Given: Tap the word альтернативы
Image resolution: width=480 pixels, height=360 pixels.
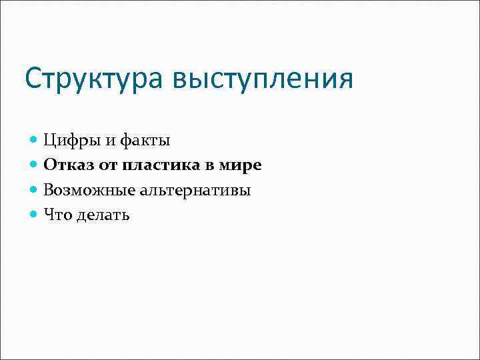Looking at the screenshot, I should pyautogui.click(x=195, y=190).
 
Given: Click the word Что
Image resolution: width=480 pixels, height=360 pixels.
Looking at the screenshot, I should pyautogui.click(x=57, y=215).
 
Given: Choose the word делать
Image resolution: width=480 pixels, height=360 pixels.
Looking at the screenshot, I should pyautogui.click(x=103, y=215).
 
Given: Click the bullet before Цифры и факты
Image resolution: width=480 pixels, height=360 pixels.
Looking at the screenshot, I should pyautogui.click(x=34, y=141).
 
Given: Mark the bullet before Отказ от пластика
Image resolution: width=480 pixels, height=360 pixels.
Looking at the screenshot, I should pyautogui.click(x=34, y=165).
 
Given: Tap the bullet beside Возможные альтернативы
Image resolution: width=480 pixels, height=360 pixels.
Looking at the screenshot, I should pyautogui.click(x=34, y=190).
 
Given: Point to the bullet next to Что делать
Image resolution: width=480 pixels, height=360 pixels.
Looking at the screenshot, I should pyautogui.click(x=34, y=215).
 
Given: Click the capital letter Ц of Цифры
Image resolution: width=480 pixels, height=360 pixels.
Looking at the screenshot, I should pyautogui.click(x=50, y=141).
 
